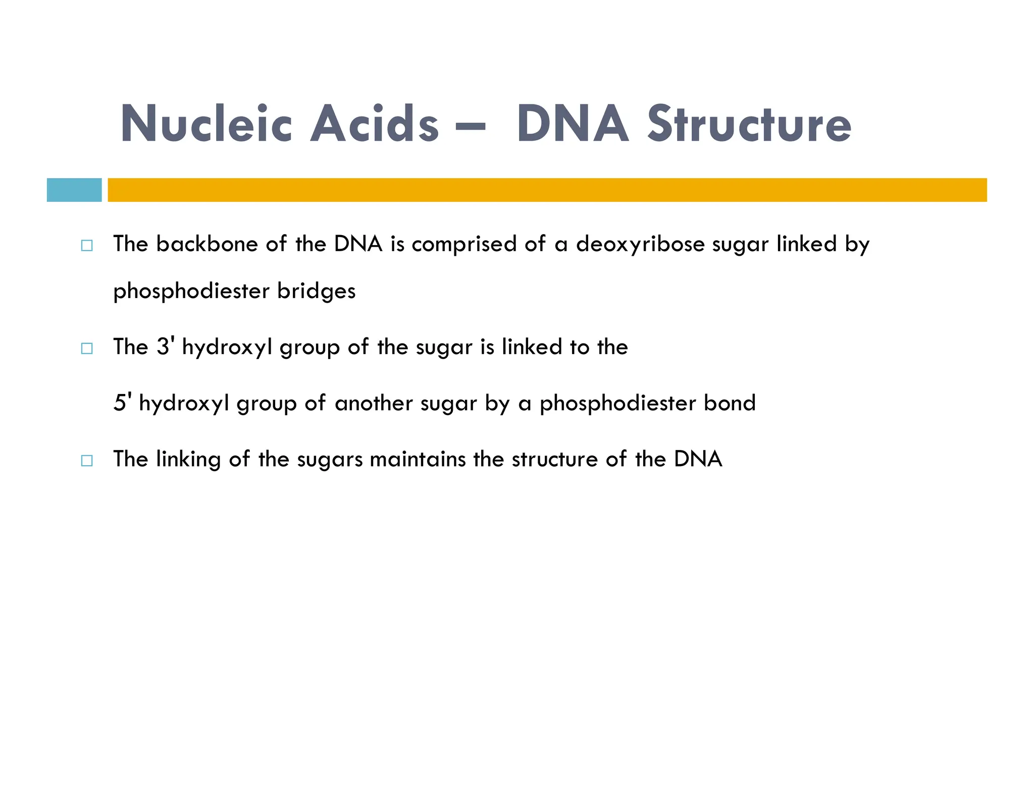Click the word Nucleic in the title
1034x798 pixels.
tap(206, 124)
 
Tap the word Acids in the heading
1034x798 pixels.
tap(374, 124)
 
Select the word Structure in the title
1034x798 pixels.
tap(749, 124)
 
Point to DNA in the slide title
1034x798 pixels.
tap(573, 124)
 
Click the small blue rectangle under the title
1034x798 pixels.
tap(74, 190)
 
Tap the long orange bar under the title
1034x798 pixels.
tap(547, 190)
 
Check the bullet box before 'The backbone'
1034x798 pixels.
tap(87, 246)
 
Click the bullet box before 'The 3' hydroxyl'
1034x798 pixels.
tap(87, 348)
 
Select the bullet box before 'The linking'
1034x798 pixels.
tap(87, 461)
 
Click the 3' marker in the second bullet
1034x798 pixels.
tap(166, 347)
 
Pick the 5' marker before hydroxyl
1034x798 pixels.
tap(123, 403)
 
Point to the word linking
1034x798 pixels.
tap(188, 460)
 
